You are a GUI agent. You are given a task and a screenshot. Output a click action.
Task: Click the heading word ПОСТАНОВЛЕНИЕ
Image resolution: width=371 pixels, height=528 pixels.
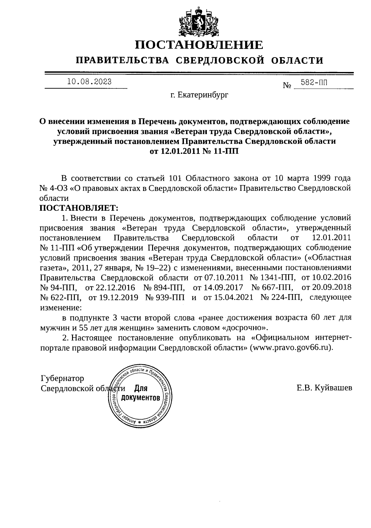coord(199,45)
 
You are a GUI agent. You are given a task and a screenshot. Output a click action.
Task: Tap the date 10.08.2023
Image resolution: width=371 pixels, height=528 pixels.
coord(89,82)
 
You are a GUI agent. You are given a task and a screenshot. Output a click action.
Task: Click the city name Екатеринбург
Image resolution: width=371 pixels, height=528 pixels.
coord(199,95)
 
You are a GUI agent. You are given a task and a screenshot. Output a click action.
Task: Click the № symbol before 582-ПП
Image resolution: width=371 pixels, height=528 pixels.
coord(287,85)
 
